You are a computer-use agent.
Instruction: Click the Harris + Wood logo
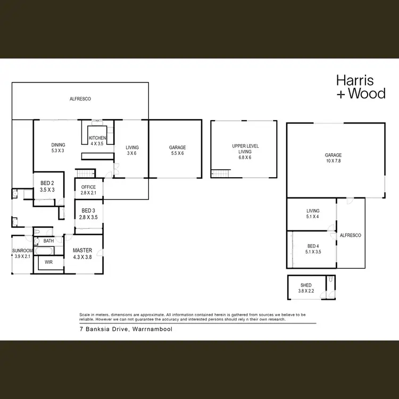click(x=360, y=87)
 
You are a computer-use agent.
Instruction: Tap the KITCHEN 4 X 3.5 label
click(x=97, y=141)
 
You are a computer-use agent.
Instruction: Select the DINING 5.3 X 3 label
click(x=57, y=147)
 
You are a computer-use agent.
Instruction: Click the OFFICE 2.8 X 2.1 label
click(x=88, y=190)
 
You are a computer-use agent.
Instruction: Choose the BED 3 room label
click(x=88, y=214)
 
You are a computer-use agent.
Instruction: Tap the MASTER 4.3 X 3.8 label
click(x=82, y=253)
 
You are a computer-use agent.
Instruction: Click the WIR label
click(x=48, y=262)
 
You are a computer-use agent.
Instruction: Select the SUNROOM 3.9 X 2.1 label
click(x=23, y=253)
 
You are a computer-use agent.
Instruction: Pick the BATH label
click(x=49, y=241)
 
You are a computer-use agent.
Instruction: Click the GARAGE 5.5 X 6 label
click(x=177, y=151)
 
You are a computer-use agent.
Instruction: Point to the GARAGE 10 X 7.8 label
click(x=334, y=159)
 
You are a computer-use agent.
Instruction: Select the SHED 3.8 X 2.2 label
click(x=305, y=288)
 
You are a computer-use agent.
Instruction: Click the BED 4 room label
click(x=314, y=248)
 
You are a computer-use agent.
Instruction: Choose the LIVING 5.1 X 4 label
click(x=312, y=213)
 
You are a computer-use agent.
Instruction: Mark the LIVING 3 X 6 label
click(x=132, y=151)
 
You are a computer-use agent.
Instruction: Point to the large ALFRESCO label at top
click(x=80, y=99)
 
